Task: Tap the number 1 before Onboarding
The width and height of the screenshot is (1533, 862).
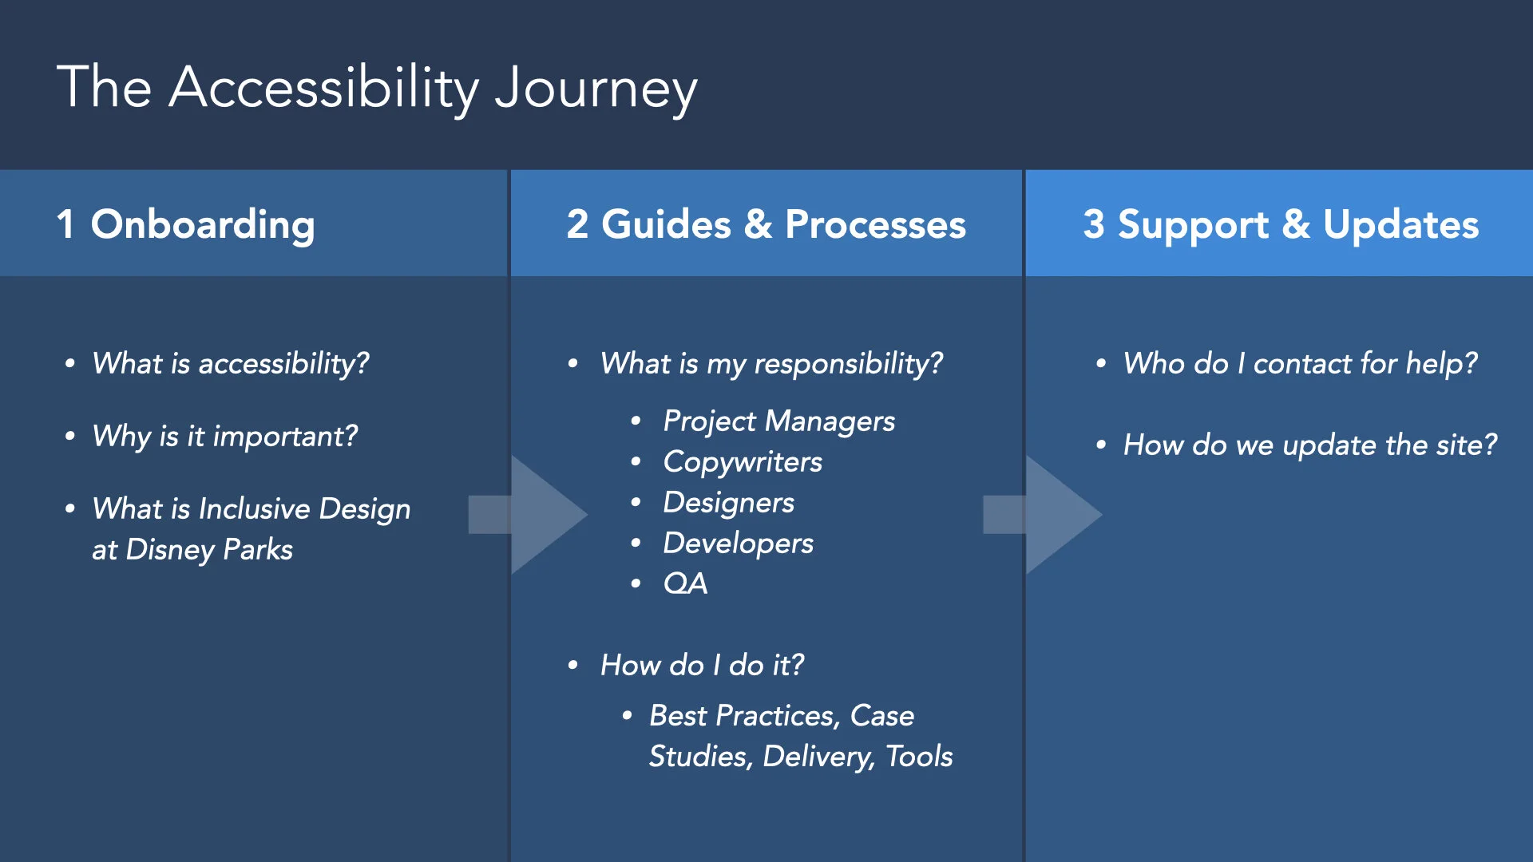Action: (x=65, y=224)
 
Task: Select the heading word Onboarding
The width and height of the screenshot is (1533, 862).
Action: (x=203, y=224)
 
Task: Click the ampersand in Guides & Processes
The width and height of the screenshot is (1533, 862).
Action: (x=758, y=224)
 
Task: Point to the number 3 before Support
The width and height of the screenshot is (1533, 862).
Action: (x=1094, y=224)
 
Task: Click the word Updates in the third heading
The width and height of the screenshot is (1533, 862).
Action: (x=1400, y=224)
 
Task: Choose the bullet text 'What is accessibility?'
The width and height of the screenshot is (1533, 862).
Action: (x=231, y=364)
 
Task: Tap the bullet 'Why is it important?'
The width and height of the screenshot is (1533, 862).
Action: (x=224, y=437)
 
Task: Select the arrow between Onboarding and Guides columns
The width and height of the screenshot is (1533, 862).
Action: (x=531, y=515)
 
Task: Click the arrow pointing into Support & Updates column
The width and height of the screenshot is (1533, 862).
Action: (x=1046, y=515)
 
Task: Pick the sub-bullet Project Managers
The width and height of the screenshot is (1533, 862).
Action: (x=778, y=421)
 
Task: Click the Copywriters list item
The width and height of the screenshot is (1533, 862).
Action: (x=743, y=462)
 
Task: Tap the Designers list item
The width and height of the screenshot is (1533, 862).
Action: (x=728, y=503)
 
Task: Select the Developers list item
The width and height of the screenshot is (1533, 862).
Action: (x=738, y=544)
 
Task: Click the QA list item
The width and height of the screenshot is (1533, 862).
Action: (x=685, y=584)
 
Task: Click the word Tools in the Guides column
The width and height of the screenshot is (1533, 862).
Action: (x=919, y=757)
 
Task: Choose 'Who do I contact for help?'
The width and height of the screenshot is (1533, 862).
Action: (x=1300, y=364)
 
